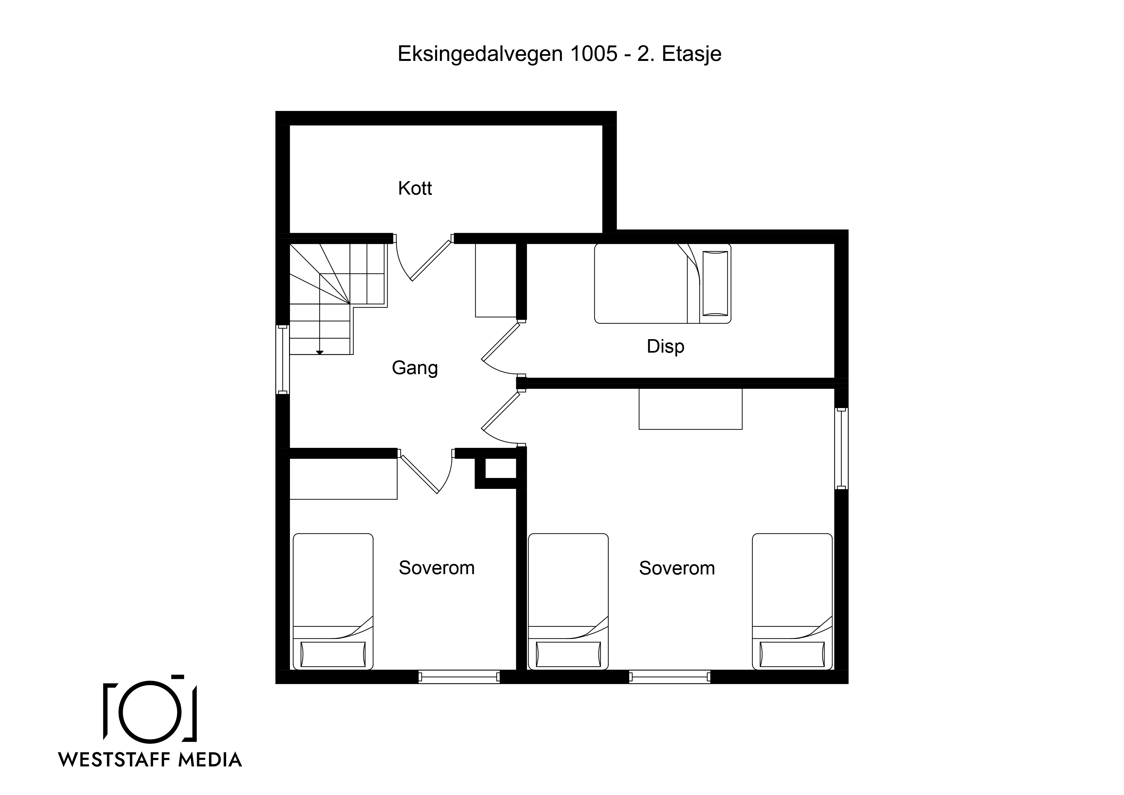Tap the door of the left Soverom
coord(425,470)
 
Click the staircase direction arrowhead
coord(320,352)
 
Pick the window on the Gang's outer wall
coord(283,360)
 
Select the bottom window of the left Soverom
coord(459,677)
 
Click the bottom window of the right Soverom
coord(669,677)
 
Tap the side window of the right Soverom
coord(841,448)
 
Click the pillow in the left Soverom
coord(333,654)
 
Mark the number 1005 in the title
coord(593,54)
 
